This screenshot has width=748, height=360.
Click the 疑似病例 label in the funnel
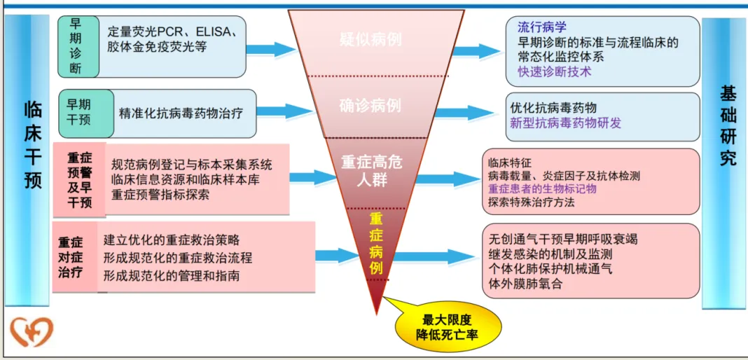point(370,39)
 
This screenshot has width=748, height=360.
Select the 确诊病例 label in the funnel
point(370,106)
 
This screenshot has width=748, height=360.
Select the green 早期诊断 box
point(76,46)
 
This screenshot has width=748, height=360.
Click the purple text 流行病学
point(541,28)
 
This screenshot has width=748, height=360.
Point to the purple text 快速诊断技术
point(554,71)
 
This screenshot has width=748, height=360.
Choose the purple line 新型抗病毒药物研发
point(565,123)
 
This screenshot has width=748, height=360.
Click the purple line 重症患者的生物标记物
point(542,188)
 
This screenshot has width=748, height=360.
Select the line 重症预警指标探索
point(160,195)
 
